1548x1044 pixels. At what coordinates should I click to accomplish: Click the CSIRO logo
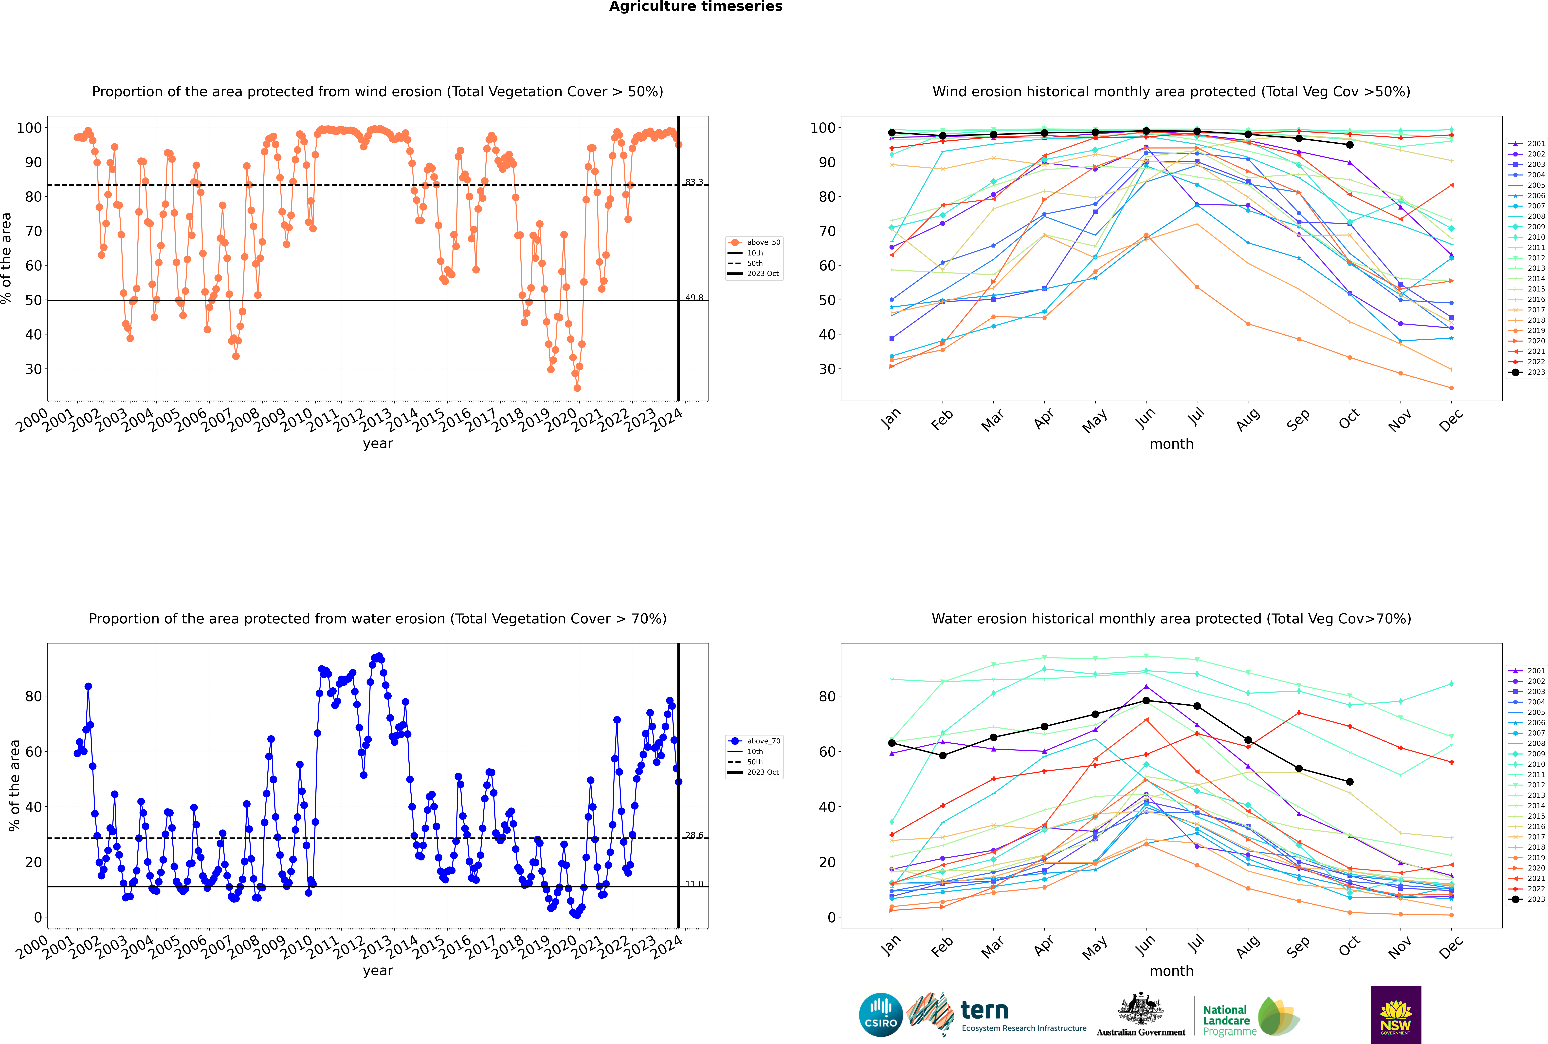[x=880, y=1015]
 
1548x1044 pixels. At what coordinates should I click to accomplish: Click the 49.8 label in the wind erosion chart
[x=694, y=298]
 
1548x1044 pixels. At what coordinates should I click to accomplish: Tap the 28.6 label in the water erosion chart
[x=694, y=835]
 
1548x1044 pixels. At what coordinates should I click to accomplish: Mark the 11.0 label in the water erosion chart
[x=694, y=884]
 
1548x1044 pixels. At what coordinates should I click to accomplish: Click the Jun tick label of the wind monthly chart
[x=1145, y=418]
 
